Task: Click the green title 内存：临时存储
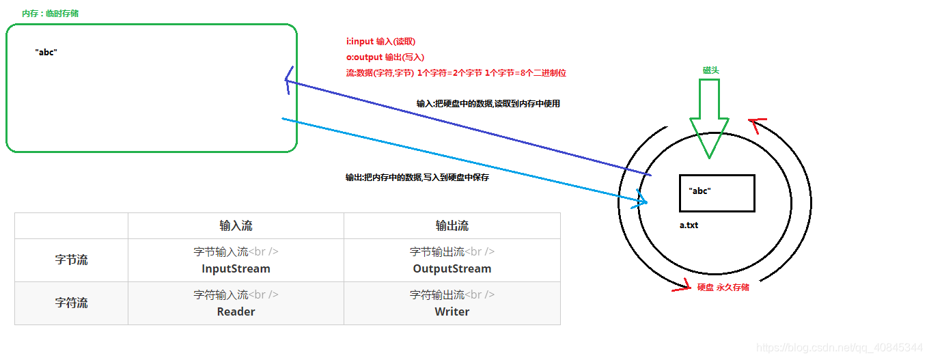coord(50,13)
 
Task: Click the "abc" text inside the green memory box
coord(46,52)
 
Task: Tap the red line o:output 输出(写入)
coord(385,57)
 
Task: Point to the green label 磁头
coord(711,70)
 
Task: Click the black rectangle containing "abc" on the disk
coord(717,193)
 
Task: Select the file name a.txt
coord(689,225)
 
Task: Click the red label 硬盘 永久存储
coord(723,288)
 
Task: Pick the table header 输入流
coord(236,225)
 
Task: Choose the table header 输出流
coord(452,225)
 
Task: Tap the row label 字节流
coord(71,260)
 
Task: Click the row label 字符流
coord(71,303)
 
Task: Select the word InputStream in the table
coord(236,268)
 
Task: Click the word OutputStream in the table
coord(452,268)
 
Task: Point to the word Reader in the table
coord(236,311)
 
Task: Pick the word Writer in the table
coord(452,311)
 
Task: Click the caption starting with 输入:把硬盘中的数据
coord(488,104)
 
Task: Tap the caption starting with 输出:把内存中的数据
coord(417,178)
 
